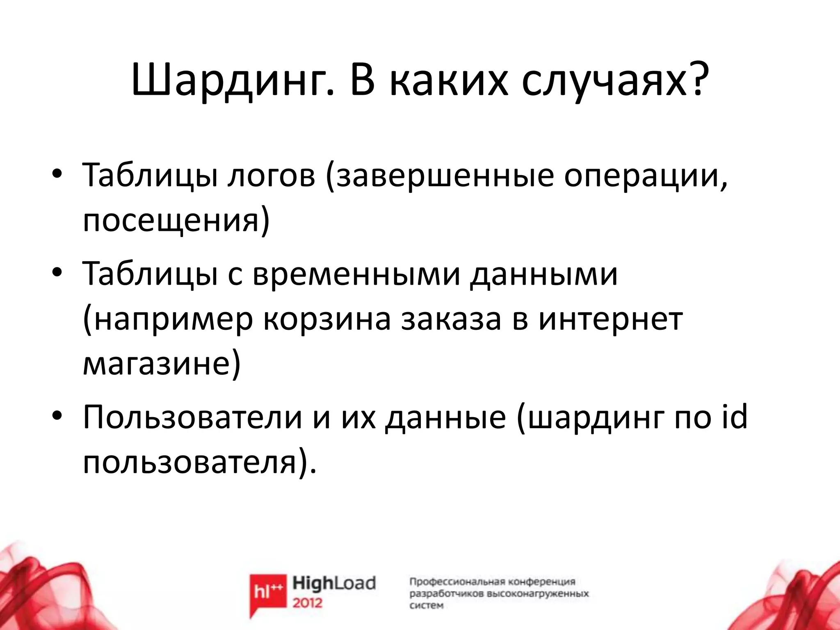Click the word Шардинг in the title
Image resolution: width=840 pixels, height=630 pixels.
point(230,82)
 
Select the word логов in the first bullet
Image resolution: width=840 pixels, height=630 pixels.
point(271,176)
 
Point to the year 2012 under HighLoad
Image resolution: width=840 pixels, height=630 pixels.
point(308,603)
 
